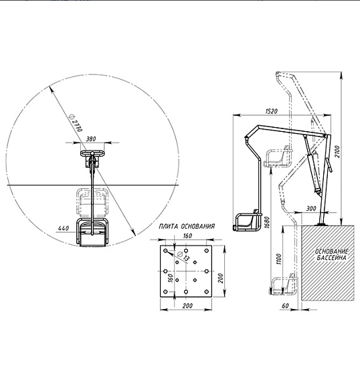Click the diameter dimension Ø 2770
click(x=76, y=122)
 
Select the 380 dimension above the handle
click(x=91, y=139)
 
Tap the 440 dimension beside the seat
click(x=64, y=228)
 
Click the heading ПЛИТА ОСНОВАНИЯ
click(x=187, y=226)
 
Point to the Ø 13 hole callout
click(x=183, y=256)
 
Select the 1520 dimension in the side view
click(x=271, y=111)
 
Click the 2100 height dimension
click(x=337, y=152)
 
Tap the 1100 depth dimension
click(x=278, y=259)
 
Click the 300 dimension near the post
click(x=311, y=208)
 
